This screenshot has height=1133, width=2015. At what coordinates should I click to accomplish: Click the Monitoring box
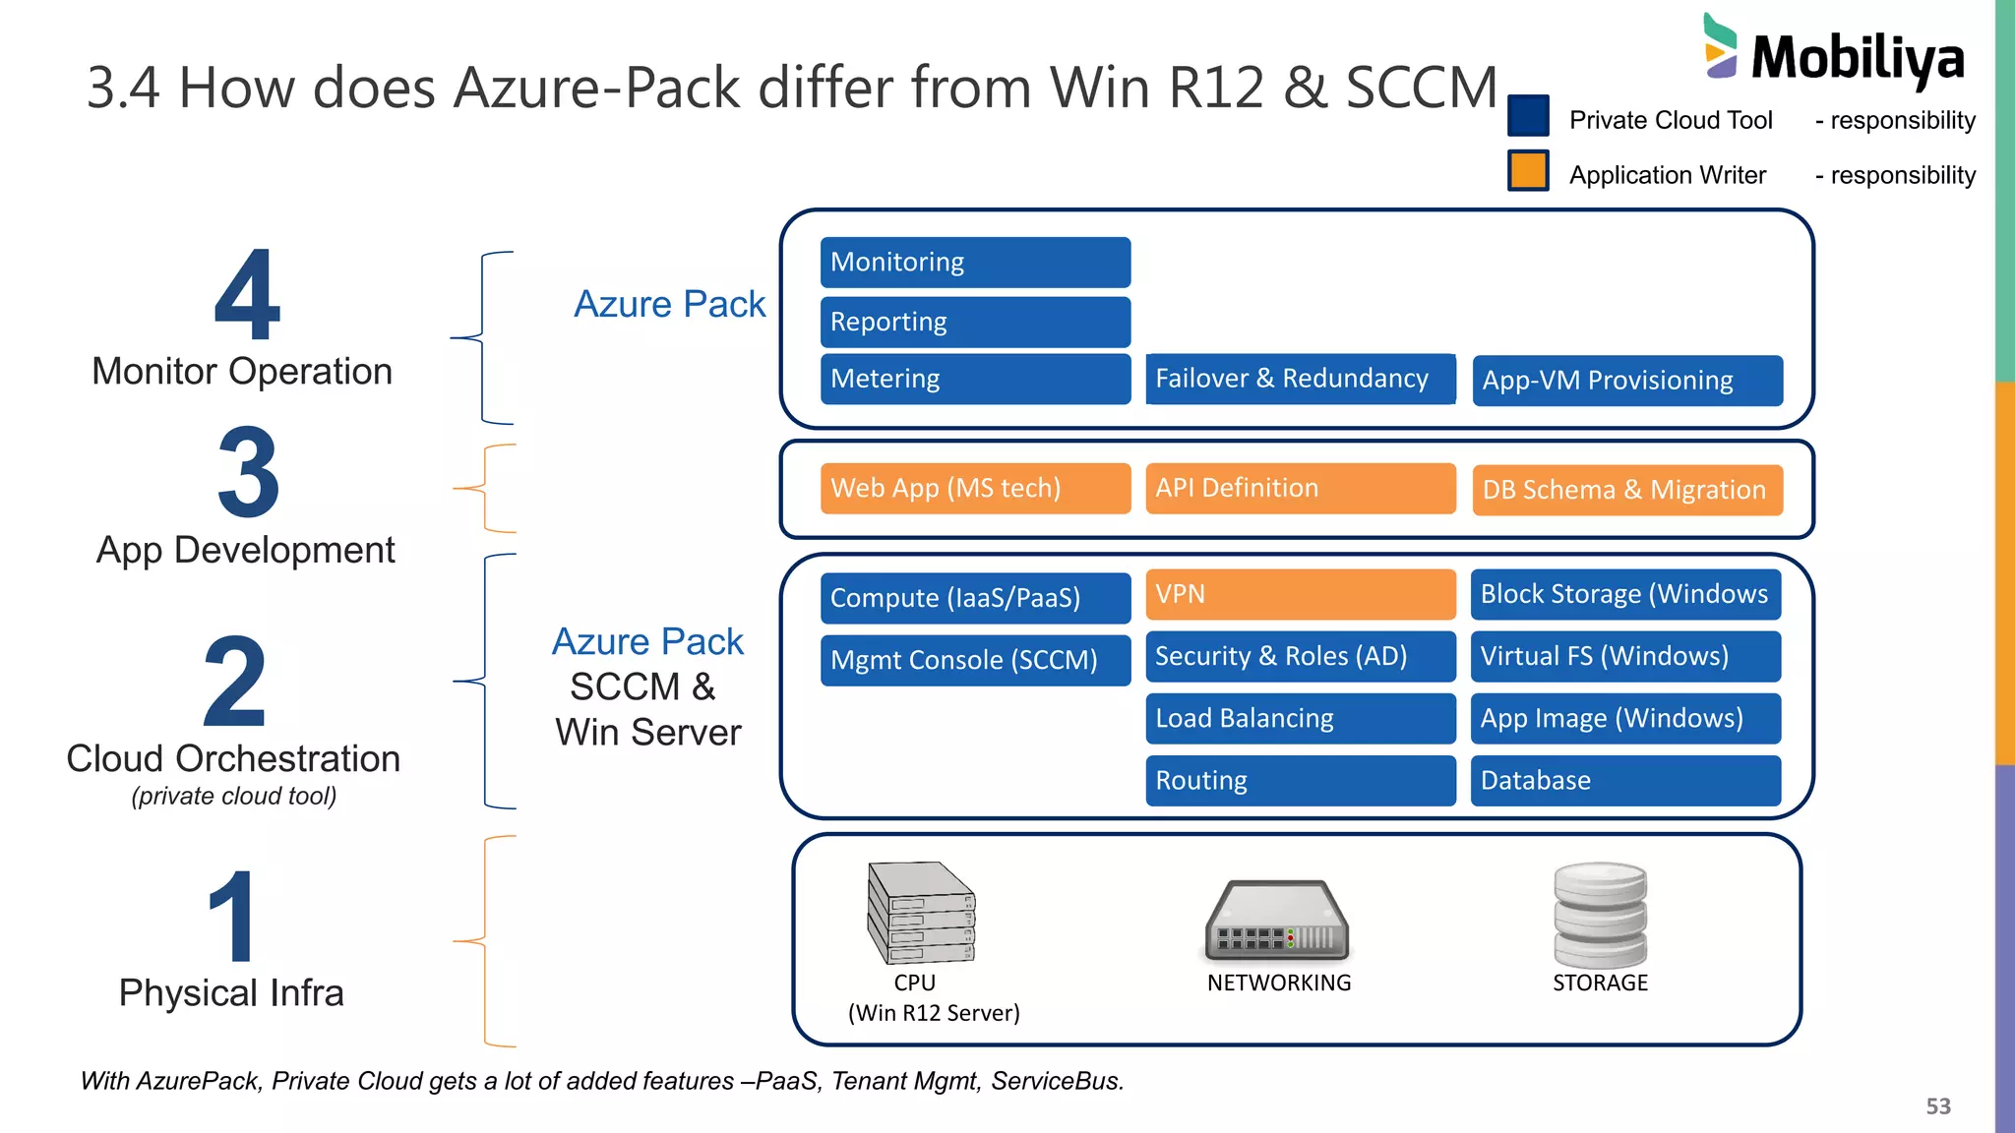pyautogui.click(x=975, y=263)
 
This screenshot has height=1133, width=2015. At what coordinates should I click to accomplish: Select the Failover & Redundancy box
pyautogui.click(x=1300, y=379)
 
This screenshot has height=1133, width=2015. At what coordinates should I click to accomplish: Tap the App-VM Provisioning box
pyautogui.click(x=1626, y=381)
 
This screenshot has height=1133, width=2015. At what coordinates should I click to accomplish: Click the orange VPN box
pyautogui.click(x=1300, y=594)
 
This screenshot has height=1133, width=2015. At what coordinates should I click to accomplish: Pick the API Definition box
pyautogui.click(x=1300, y=489)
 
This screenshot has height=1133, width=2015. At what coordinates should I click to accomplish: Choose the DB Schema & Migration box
pyautogui.click(x=1626, y=490)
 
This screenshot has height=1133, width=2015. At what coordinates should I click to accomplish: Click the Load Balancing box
pyautogui.click(x=1300, y=719)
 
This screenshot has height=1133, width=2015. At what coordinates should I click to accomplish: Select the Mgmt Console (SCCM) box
pyautogui.click(x=975, y=660)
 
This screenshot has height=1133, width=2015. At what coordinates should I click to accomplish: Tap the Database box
pyautogui.click(x=1624, y=781)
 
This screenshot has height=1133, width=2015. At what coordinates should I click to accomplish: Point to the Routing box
pyautogui.click(x=1300, y=781)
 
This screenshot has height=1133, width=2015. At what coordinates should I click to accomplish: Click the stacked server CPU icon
pyautogui.click(x=921, y=913)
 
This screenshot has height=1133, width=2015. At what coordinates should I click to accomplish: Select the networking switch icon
pyautogui.click(x=1277, y=921)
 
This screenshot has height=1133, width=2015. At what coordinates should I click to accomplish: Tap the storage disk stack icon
pyautogui.click(x=1600, y=915)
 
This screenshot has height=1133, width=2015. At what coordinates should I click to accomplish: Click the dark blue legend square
pyautogui.click(x=1528, y=116)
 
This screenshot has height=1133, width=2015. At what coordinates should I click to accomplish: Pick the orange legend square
pyautogui.click(x=1528, y=171)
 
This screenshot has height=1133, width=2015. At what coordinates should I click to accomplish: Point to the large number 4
pyautogui.click(x=247, y=295)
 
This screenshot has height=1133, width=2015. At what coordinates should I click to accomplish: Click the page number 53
pyautogui.click(x=1937, y=1106)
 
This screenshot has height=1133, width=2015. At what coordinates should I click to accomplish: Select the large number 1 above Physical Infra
pyautogui.click(x=232, y=917)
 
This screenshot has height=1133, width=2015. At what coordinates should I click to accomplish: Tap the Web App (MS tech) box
pyautogui.click(x=975, y=489)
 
